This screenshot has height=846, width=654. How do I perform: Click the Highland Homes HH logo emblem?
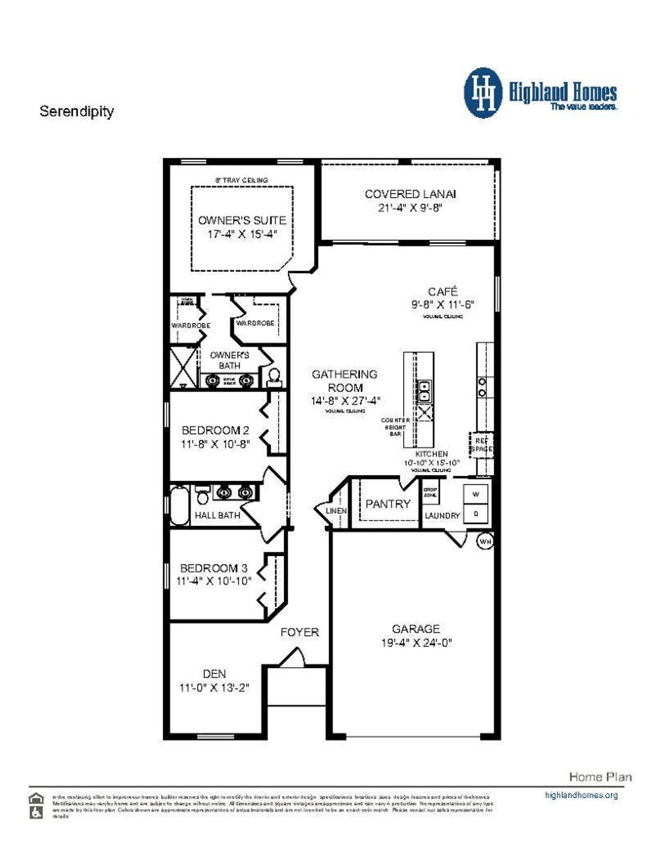(x=483, y=93)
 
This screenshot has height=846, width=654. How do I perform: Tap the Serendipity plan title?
(x=77, y=111)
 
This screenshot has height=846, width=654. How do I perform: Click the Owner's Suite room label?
(x=242, y=220)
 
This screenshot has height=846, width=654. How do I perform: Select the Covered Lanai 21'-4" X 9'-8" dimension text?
(x=410, y=208)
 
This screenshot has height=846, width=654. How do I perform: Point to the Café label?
(x=442, y=291)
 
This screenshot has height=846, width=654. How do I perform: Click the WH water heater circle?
(x=485, y=541)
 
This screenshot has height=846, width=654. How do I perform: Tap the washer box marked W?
(x=476, y=495)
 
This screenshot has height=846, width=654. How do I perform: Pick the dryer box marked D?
(x=476, y=514)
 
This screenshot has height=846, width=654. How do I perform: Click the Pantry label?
(x=388, y=504)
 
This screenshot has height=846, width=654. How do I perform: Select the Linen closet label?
(x=336, y=510)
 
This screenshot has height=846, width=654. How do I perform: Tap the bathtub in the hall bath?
(x=179, y=505)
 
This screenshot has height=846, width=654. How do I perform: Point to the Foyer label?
(x=300, y=632)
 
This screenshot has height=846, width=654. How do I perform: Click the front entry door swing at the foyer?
(x=293, y=657)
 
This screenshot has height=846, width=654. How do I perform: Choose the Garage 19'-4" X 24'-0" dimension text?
(x=416, y=643)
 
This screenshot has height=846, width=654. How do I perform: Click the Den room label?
(x=214, y=674)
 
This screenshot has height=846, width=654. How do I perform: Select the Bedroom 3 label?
(x=214, y=568)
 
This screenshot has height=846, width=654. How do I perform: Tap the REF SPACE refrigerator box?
(x=481, y=444)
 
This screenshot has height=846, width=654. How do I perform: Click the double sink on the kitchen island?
(x=424, y=391)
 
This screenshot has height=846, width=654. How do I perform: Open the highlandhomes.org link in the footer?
(x=581, y=795)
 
